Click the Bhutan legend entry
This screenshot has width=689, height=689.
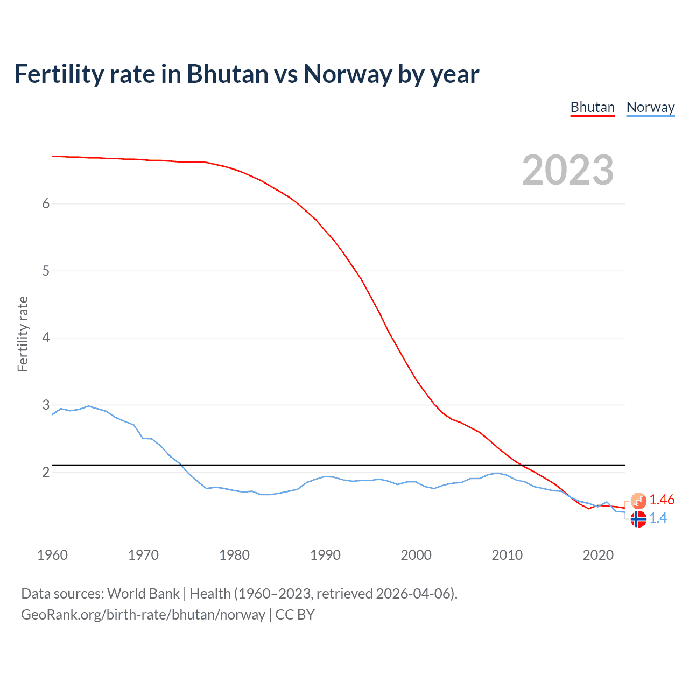pos(592,108)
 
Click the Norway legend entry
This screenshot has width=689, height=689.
pos(650,108)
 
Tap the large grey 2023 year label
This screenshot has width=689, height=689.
pos(568,170)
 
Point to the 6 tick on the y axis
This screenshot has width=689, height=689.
pos(46,203)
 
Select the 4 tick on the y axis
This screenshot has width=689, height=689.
pos(46,338)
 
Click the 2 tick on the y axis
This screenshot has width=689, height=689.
pos(46,472)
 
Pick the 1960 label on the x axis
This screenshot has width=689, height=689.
pos(52,555)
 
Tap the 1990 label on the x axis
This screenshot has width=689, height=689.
pos(325,555)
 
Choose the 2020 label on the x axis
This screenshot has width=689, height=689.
pos(598,555)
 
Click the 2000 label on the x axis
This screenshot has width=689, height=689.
pos(416,555)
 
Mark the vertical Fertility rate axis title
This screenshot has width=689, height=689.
pos(23,334)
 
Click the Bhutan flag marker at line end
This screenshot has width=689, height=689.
pos(638,501)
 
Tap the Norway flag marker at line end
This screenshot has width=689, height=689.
pos(638,519)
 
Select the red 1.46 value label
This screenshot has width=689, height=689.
pos(662,500)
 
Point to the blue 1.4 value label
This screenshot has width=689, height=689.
pos(658,518)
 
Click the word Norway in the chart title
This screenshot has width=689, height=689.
pos(347,74)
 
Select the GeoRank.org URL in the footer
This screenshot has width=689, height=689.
pos(143,615)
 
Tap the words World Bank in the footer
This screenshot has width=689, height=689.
pos(143,594)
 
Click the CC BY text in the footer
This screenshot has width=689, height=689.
pos(295,615)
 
